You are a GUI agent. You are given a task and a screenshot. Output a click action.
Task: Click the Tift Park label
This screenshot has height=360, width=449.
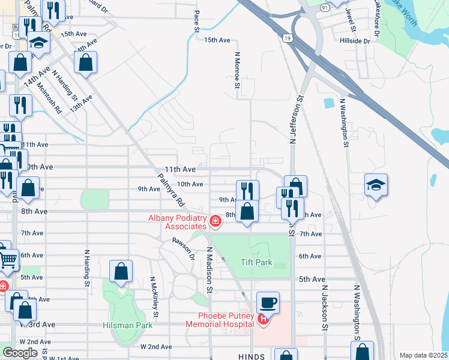pyautogui.click(x=256, y=262)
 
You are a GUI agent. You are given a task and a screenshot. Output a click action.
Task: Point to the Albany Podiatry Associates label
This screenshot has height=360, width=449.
pyautogui.click(x=177, y=221)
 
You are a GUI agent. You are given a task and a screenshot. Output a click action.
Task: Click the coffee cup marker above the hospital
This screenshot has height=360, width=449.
pyautogui.click(x=268, y=302)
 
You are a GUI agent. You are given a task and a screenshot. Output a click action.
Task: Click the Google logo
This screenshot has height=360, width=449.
pyautogui.click(x=20, y=353)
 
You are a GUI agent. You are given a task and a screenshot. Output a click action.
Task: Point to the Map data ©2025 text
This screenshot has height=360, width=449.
pyautogui.click(x=423, y=355)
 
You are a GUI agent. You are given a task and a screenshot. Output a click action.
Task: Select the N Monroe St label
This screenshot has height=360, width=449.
pyautogui.click(x=237, y=70)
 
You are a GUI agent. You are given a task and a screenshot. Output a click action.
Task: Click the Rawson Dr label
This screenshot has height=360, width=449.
pyautogui.click(x=184, y=248)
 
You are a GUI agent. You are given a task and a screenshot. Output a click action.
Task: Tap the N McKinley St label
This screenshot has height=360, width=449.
pyautogui.click(x=154, y=296)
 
